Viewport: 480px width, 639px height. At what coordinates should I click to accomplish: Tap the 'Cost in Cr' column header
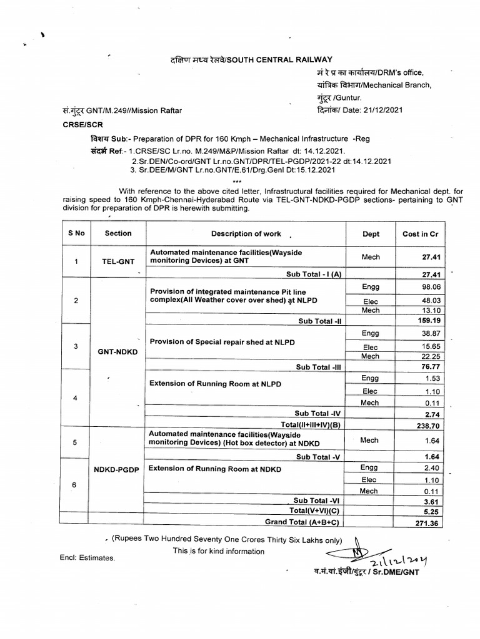coord(420,233)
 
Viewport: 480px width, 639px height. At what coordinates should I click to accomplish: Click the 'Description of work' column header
coord(246,233)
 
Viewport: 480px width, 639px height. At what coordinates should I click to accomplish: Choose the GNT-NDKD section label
coord(117,351)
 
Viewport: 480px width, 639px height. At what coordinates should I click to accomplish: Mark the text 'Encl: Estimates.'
coord(88,557)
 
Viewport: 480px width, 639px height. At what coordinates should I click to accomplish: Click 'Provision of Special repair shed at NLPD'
coord(221,343)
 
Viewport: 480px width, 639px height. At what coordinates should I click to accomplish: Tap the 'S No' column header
coord(76,233)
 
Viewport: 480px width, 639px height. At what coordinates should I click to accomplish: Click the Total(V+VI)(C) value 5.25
coord(428,511)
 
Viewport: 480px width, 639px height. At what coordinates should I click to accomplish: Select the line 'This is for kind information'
coord(218,551)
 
